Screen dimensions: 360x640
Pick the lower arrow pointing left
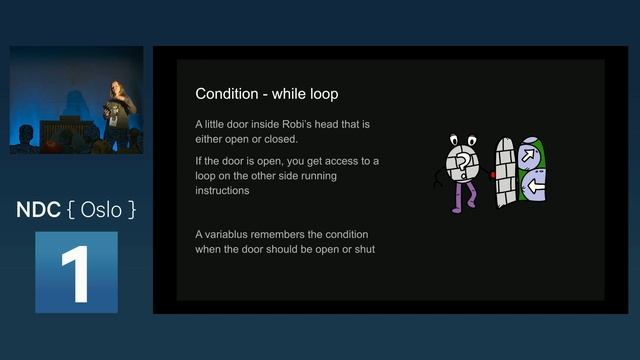click(x=534, y=187)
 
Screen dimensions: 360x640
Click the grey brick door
click(x=506, y=170)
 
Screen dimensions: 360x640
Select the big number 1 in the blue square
click(x=76, y=272)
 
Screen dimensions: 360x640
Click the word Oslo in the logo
click(x=101, y=211)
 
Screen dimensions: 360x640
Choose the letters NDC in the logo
click(x=38, y=211)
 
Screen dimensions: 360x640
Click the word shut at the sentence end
click(x=364, y=248)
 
